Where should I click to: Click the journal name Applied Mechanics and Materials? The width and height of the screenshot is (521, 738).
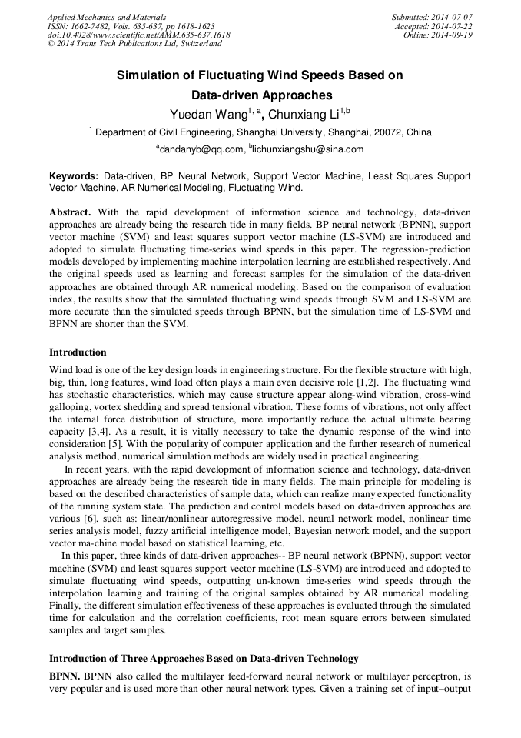pos(107,16)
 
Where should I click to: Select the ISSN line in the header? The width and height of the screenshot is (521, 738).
pos(131,25)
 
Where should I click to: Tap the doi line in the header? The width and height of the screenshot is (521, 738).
pos(138,35)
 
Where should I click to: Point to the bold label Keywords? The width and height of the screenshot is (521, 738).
pos(74,176)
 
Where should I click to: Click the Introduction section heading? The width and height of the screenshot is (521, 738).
pos(78,352)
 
